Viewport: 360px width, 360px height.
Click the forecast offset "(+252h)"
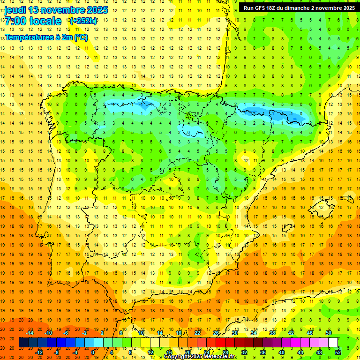83,21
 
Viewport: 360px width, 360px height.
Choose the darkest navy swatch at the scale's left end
23,343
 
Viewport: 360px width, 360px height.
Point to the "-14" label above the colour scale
30,333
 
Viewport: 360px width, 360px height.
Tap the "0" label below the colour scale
93,352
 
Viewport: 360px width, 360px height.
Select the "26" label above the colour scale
216,333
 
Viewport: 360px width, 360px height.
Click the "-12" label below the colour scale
39,352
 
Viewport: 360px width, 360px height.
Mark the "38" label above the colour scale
272,333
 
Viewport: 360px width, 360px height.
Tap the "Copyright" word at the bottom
177,357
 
